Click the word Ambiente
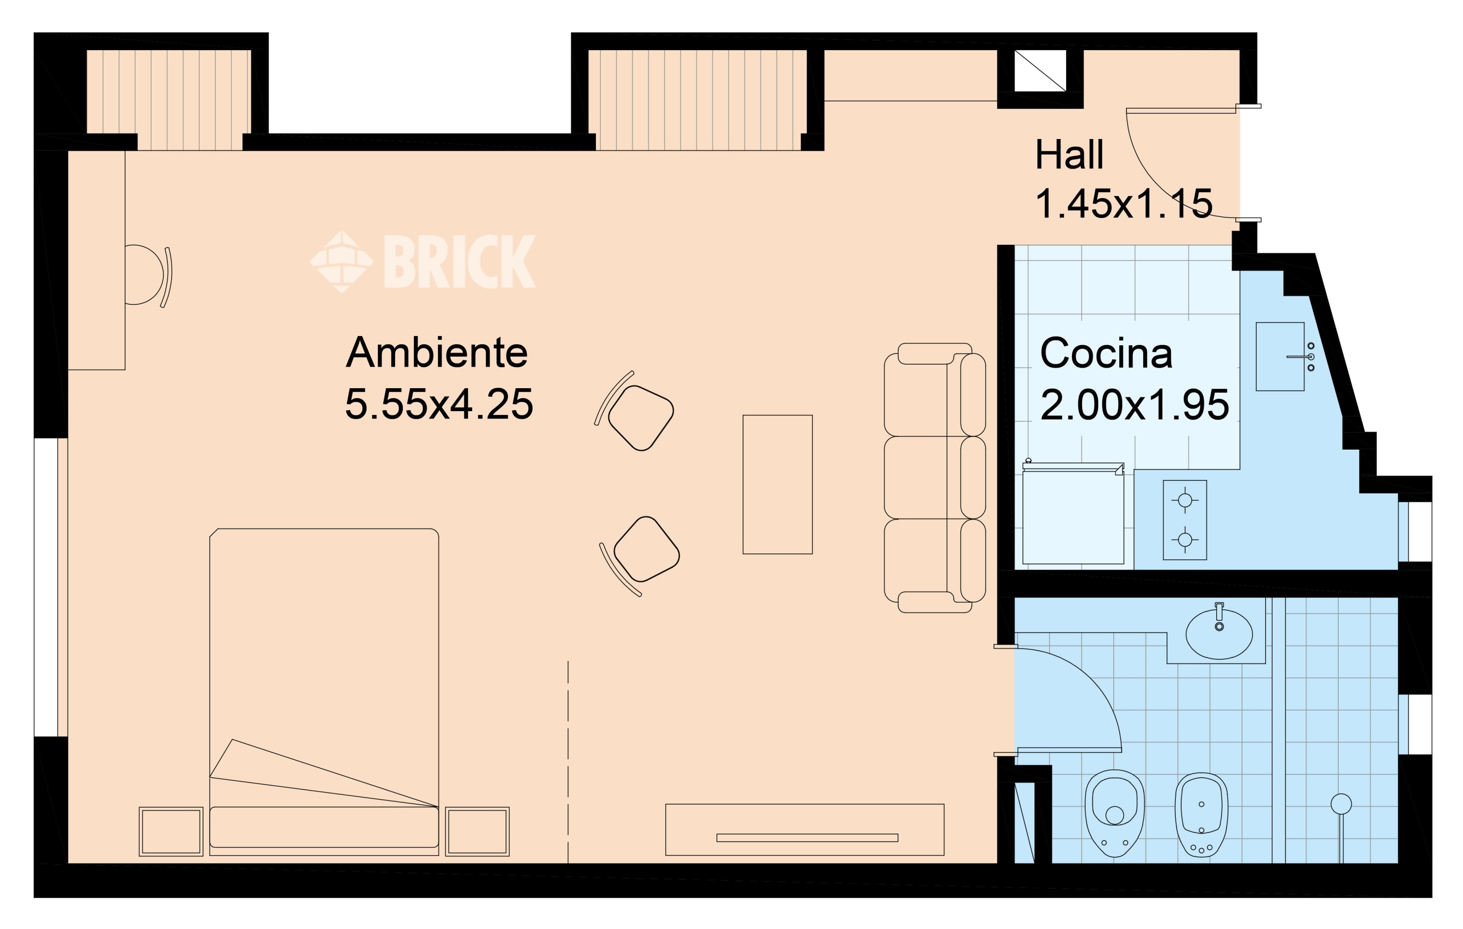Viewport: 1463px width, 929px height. tap(436, 354)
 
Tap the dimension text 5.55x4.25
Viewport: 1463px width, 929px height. tap(439, 405)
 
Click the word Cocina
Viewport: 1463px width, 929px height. tap(1106, 354)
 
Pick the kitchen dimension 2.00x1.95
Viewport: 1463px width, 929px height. tap(1134, 405)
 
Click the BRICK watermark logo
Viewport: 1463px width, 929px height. tap(423, 261)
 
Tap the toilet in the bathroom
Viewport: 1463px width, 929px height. tap(1114, 813)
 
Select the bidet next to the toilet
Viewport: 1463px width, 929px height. tap(1201, 814)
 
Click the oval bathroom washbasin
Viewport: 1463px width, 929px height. tap(1219, 634)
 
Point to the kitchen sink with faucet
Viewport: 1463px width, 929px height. tap(1280, 356)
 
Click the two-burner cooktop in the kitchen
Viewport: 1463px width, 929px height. tap(1185, 520)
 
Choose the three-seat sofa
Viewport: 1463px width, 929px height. tap(934, 477)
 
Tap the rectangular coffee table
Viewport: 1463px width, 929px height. tap(777, 484)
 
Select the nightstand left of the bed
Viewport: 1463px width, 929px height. tap(171, 831)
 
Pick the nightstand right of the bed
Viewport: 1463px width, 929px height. tap(477, 831)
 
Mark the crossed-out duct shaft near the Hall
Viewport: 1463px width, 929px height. tap(1040, 71)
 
